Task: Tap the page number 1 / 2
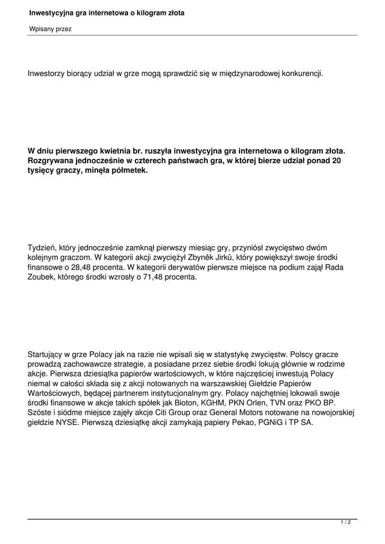pos(346,523)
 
